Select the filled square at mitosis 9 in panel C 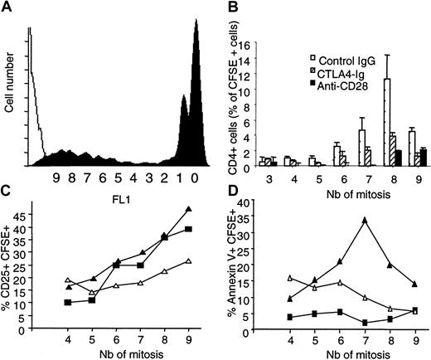click(189, 229)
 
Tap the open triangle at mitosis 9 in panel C click(189, 261)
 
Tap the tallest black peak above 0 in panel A click(196, 25)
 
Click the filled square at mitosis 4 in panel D click(288, 317)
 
